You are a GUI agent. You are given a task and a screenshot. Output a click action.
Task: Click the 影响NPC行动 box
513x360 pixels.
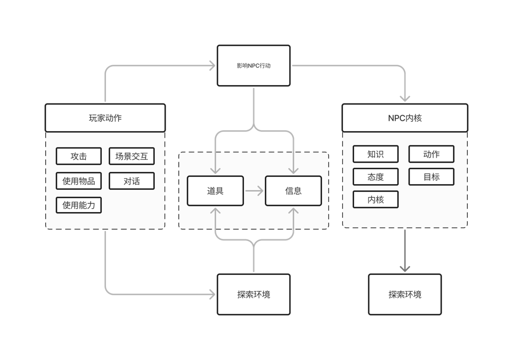click(x=254, y=65)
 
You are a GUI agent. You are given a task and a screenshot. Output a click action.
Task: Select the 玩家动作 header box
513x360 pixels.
click(x=105, y=118)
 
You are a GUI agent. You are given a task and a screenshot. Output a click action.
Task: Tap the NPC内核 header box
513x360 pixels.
click(x=404, y=118)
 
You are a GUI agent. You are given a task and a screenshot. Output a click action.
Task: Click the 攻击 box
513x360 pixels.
click(x=78, y=156)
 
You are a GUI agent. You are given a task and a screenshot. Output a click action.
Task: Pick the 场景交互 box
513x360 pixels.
click(x=131, y=156)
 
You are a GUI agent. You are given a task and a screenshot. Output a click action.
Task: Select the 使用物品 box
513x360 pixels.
click(x=78, y=181)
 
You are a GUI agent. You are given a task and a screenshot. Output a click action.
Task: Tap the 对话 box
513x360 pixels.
click(x=131, y=181)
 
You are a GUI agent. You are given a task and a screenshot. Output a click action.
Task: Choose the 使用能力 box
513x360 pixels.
click(x=78, y=205)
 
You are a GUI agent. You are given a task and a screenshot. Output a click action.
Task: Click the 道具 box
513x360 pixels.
click(x=215, y=191)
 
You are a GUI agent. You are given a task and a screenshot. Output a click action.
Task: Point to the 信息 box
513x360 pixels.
click(x=293, y=191)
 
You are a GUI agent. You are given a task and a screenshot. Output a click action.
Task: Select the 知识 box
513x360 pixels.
click(x=375, y=154)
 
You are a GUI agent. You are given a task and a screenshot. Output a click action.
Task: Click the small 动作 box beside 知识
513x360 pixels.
click(x=431, y=154)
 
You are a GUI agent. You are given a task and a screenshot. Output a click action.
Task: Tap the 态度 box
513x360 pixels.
click(x=375, y=177)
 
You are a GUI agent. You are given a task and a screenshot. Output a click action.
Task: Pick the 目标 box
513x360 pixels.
click(x=431, y=177)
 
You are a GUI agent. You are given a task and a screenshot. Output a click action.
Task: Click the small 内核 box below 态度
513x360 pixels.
click(x=375, y=199)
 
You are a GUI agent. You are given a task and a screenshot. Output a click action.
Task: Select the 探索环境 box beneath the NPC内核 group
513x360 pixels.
click(x=405, y=294)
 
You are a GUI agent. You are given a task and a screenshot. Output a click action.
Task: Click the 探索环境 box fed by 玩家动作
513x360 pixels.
click(x=254, y=294)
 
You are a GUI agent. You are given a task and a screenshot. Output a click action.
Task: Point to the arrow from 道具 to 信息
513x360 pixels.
click(x=254, y=191)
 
